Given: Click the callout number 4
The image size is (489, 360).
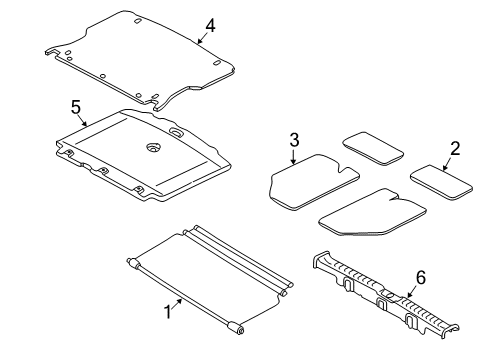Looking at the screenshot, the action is (x=210, y=26).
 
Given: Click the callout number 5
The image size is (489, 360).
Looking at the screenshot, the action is (x=76, y=108).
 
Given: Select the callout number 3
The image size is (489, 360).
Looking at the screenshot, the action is (x=294, y=140).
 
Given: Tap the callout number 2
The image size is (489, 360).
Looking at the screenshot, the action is (x=455, y=148).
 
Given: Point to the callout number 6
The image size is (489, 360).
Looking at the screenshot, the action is (x=421, y=277).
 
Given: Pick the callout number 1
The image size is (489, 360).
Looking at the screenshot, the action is (x=168, y=312).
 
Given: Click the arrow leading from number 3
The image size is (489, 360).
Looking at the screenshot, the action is (x=293, y=157).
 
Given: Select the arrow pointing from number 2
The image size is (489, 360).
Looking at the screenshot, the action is (x=447, y=164).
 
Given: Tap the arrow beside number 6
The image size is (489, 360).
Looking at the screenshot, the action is (x=411, y=292).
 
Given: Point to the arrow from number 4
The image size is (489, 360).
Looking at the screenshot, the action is (x=201, y=38).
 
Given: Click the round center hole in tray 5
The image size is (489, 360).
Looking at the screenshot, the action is (x=154, y=147).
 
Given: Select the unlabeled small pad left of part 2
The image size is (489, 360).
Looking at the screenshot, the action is (x=373, y=148).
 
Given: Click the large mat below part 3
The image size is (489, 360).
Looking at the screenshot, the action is (x=372, y=212).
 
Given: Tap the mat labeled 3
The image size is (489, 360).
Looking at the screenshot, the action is (x=313, y=182).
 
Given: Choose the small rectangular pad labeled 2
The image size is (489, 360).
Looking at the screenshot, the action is (x=441, y=183).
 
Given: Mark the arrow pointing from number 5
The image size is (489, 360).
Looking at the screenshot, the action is (x=82, y=121).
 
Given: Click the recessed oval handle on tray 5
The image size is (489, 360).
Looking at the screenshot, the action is (x=176, y=132).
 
